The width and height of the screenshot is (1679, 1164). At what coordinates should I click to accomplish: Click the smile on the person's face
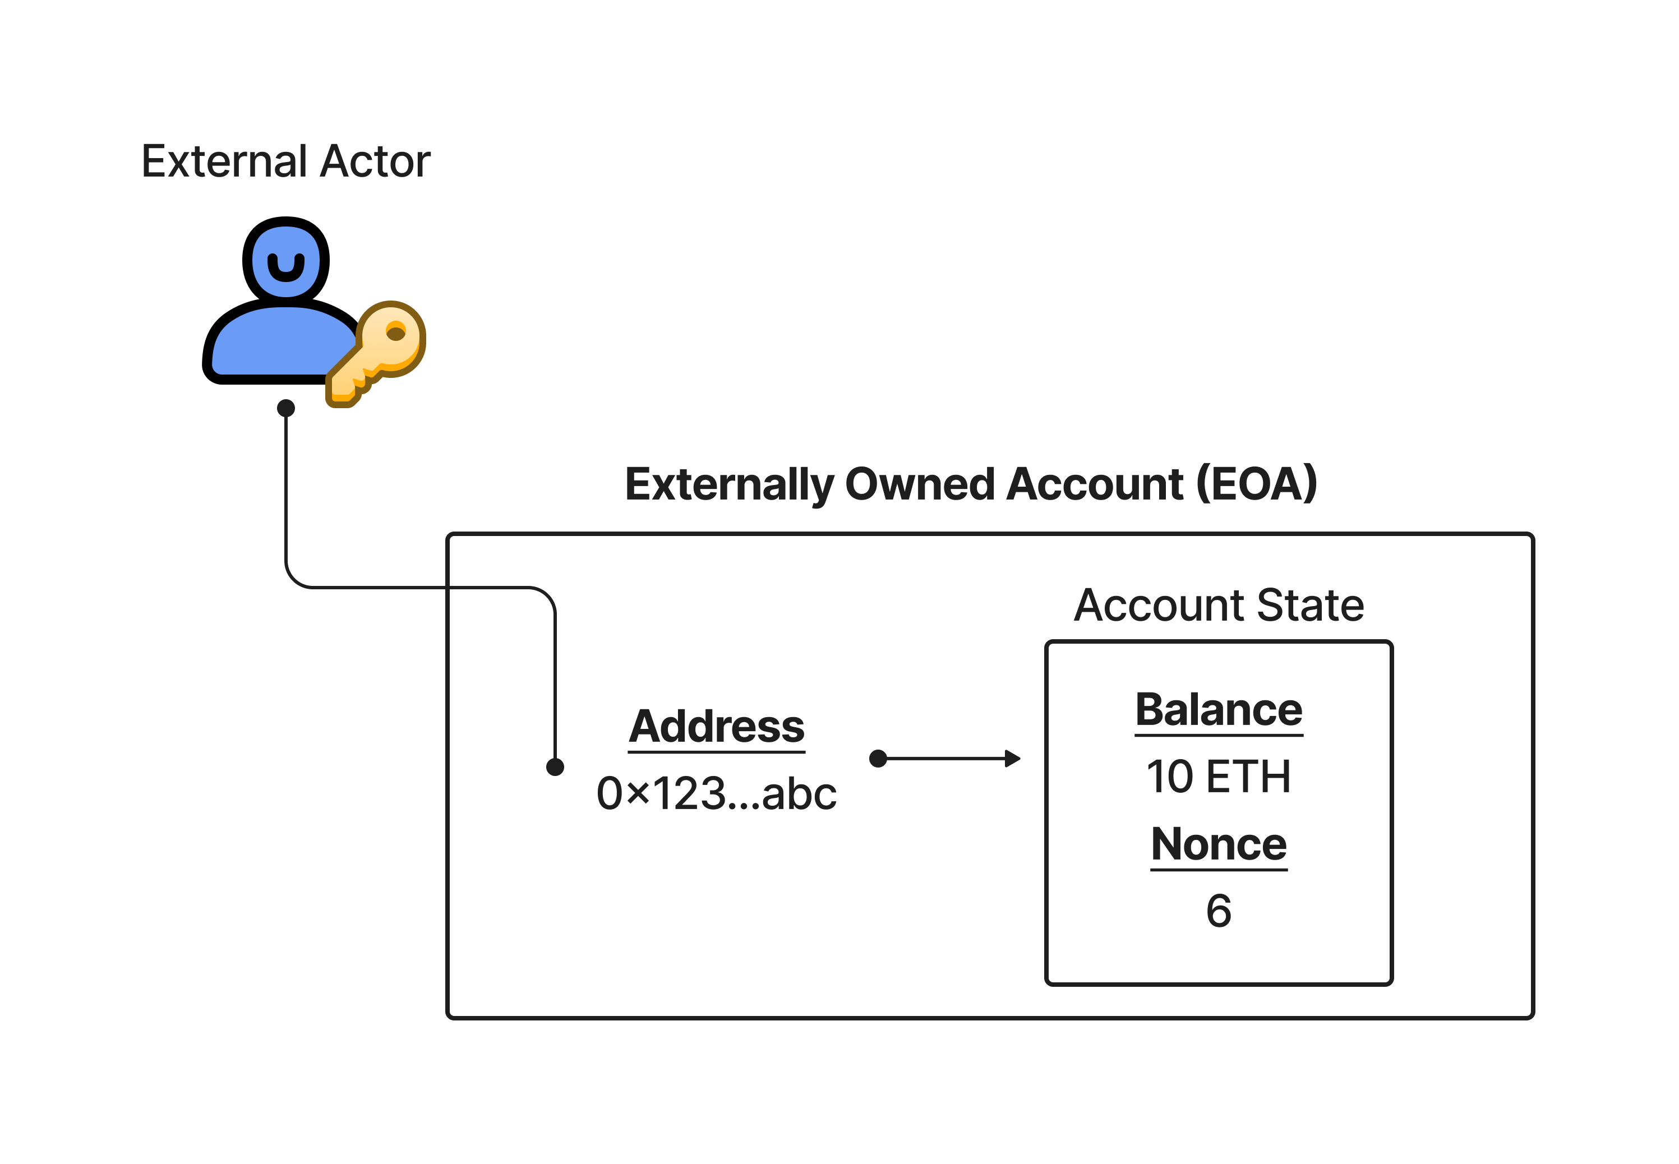(286, 269)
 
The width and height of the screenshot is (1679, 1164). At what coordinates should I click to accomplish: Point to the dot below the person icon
(286, 408)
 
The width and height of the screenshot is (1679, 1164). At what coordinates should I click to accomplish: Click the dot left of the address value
(555, 766)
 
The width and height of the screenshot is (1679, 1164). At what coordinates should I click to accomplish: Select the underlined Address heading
(716, 727)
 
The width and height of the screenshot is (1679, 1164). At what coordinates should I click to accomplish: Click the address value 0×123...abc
(716, 793)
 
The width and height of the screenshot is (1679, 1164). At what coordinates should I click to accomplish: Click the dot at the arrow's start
(878, 759)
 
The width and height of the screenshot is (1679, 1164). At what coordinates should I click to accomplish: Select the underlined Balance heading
(1218, 710)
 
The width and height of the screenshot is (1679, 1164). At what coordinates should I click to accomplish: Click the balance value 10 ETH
(1218, 776)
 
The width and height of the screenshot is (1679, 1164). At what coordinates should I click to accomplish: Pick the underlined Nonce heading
(1218, 844)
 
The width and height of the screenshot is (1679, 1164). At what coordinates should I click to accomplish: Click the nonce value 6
(1218, 911)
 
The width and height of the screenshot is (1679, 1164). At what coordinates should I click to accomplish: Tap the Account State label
(1218, 606)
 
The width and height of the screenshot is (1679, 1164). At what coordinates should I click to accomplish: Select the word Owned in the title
(919, 484)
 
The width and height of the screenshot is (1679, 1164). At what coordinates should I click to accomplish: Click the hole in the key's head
(395, 333)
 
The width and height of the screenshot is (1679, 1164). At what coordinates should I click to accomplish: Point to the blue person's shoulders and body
(281, 343)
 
